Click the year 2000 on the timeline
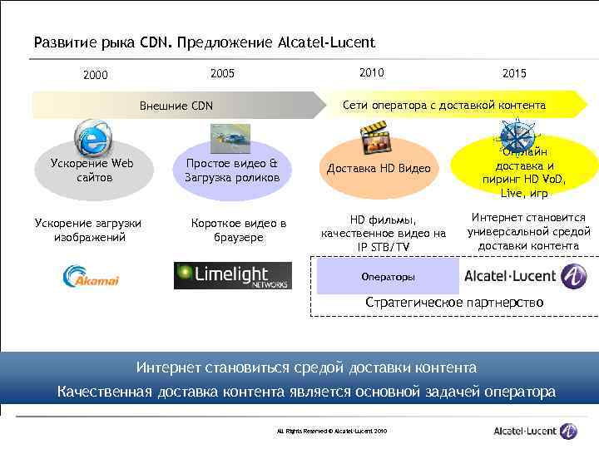tap(95, 75)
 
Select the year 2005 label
tap(222, 73)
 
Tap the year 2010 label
tap(371, 72)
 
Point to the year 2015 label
tap(514, 74)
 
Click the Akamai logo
tap(92, 277)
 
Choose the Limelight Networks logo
tap(233, 275)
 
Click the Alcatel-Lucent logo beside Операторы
tap(524, 276)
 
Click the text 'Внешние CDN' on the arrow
tap(176, 106)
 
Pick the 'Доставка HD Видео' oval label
tap(379, 169)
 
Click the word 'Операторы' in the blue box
tap(388, 277)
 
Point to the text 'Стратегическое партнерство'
tap(454, 302)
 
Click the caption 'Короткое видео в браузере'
tap(239, 230)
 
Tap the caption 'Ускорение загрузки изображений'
tap(87, 230)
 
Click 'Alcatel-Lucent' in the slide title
tap(327, 42)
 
